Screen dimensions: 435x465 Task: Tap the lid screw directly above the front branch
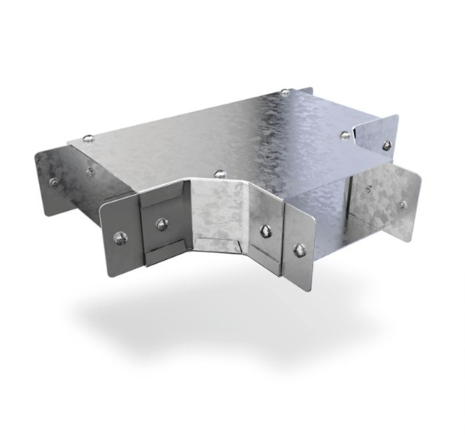point(220,174)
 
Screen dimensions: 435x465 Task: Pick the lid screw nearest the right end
point(345,132)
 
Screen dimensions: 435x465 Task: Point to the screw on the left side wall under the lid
point(89,172)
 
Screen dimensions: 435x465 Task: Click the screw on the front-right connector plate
point(298,247)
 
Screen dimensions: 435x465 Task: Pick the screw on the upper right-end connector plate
point(386,145)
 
